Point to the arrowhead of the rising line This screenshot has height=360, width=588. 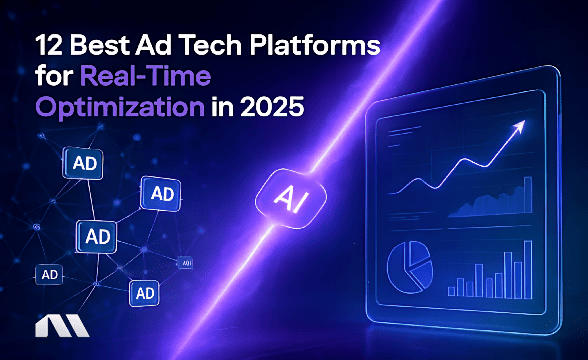[520, 127]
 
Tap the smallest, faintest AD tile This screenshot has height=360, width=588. [186, 262]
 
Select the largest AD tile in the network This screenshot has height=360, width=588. [98, 236]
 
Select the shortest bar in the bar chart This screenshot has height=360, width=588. [452, 291]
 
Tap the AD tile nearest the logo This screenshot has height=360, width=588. [47, 274]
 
